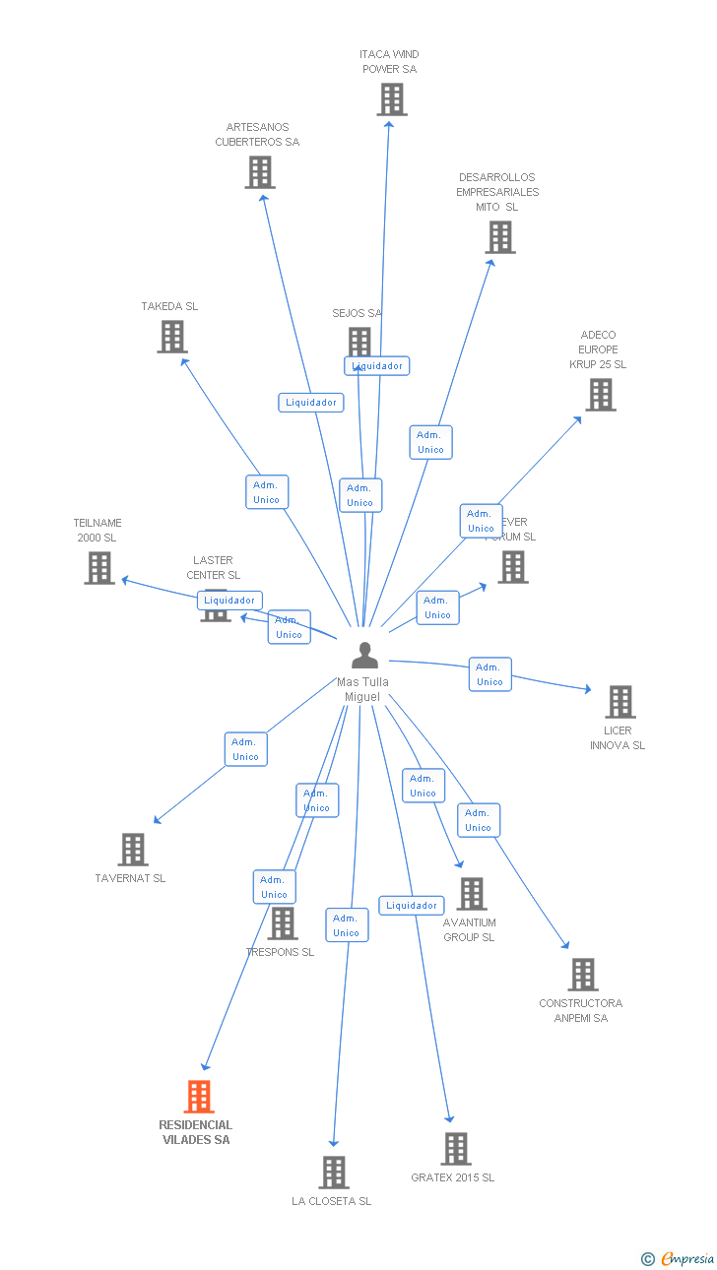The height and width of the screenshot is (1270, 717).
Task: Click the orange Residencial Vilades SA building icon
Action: pyautogui.click(x=199, y=1097)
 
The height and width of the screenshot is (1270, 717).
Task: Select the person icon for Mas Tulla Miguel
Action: pyautogui.click(x=364, y=656)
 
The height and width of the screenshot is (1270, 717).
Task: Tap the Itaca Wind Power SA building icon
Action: pyautogui.click(x=391, y=99)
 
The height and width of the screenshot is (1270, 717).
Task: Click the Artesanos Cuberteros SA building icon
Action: pyautogui.click(x=259, y=172)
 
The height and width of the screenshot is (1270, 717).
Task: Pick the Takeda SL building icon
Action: pyautogui.click(x=172, y=337)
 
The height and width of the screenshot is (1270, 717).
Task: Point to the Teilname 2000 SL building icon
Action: pyautogui.click(x=98, y=568)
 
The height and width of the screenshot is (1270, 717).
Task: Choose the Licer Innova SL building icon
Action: pyautogui.click(x=619, y=702)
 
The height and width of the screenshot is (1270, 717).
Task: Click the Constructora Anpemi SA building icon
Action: pyautogui.click(x=582, y=975)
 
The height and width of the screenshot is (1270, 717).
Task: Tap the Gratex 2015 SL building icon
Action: pyautogui.click(x=455, y=1149)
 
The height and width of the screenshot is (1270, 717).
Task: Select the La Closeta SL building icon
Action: pyautogui.click(x=333, y=1173)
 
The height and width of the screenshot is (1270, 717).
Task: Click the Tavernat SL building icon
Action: pyautogui.click(x=132, y=850)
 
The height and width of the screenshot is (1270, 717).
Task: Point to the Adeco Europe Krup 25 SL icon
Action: pyautogui.click(x=600, y=395)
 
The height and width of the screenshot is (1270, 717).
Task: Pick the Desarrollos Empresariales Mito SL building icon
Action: pyautogui.click(x=499, y=237)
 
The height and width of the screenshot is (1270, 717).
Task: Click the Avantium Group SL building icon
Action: pyautogui.click(x=471, y=894)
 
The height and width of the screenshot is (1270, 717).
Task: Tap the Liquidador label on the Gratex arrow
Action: pyautogui.click(x=412, y=906)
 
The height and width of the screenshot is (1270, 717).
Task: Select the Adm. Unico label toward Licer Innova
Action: pyautogui.click(x=489, y=674)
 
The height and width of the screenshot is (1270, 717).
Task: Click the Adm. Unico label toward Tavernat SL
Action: pyautogui.click(x=245, y=749)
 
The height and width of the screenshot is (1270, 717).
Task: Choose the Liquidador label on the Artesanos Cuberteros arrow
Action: pyautogui.click(x=311, y=402)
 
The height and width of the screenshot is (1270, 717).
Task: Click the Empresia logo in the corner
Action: pyautogui.click(x=679, y=1258)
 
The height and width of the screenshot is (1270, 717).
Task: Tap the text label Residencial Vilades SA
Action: pyautogui.click(x=196, y=1132)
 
